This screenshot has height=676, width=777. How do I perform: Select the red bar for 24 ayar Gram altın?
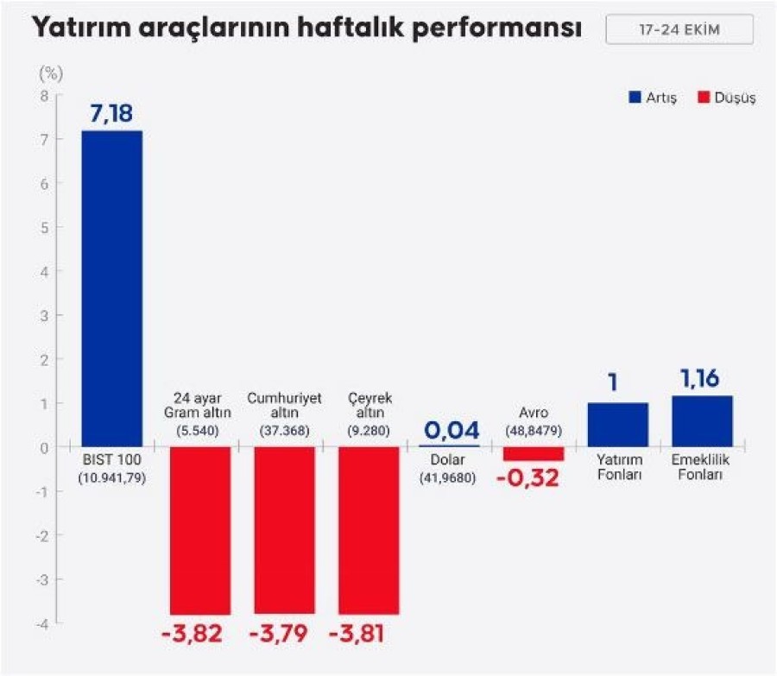coord(199,530)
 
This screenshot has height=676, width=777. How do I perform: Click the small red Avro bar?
coord(533,454)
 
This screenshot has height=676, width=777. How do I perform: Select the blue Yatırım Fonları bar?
coord(617,425)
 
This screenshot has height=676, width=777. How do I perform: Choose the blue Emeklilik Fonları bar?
coord(702,421)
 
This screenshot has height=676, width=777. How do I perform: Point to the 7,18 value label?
coord(111,113)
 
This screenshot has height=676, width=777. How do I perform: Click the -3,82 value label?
coord(192,635)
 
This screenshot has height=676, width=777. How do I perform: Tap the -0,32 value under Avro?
coord(528,477)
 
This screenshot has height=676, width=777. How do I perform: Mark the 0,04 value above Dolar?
coord(449,429)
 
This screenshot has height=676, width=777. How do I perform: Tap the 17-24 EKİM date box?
coord(679,30)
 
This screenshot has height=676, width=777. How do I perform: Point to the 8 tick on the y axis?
coord(44,96)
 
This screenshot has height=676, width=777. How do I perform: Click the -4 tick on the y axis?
coord(42,622)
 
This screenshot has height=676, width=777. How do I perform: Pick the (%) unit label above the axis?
coord(45,72)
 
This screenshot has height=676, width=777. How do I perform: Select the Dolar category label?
coord(449,460)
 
